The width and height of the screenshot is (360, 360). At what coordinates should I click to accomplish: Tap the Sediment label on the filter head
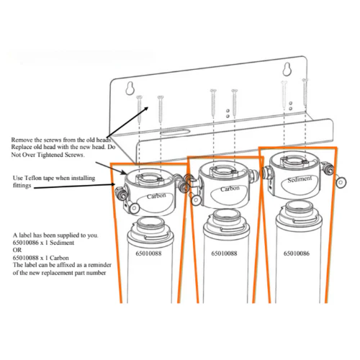pyautogui.click(x=298, y=180)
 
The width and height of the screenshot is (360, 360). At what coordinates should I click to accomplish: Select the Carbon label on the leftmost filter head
pyautogui.click(x=156, y=195)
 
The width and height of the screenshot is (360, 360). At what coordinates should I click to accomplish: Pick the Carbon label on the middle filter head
pyautogui.click(x=230, y=189)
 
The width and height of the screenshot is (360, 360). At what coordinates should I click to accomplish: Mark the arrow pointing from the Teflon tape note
pyautogui.click(x=72, y=187)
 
